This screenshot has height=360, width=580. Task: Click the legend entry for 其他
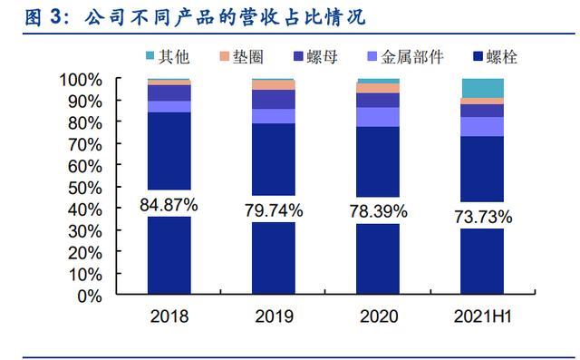(165, 57)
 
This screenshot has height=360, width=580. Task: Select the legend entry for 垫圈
(237, 57)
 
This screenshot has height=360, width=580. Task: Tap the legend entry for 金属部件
(398, 57)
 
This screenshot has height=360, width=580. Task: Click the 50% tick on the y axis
(82, 188)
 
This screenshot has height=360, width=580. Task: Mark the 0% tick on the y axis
(89, 296)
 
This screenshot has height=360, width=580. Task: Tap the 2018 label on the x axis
(169, 317)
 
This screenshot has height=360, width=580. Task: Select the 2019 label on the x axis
(274, 317)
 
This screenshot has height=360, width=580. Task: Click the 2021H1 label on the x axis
(482, 317)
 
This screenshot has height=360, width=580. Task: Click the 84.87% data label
(169, 204)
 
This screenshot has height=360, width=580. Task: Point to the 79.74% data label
(274, 210)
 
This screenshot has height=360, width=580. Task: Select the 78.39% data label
(378, 211)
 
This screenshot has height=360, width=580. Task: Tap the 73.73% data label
(482, 217)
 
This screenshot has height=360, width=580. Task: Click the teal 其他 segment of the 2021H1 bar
(482, 88)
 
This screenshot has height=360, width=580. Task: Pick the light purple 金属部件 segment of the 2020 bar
(378, 117)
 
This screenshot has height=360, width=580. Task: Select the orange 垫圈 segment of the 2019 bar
(274, 85)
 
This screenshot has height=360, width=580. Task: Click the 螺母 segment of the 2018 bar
(169, 92)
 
